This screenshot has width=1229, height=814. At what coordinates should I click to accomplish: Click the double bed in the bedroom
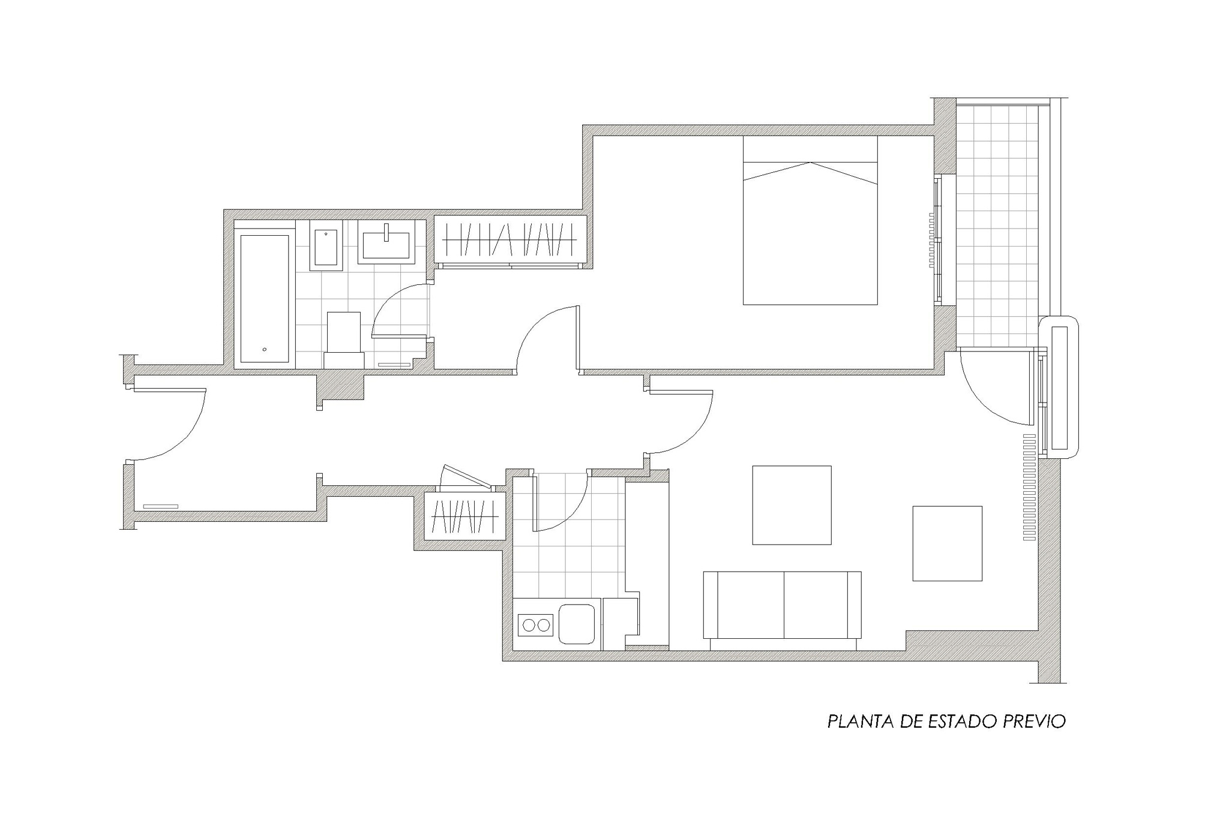(810, 220)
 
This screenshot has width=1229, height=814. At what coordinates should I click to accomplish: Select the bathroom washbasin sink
(386, 242)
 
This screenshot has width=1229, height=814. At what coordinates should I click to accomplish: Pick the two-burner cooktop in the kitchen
(536, 625)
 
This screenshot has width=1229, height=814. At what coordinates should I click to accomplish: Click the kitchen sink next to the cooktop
(577, 624)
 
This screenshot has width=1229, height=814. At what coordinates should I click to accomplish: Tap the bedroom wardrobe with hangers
(510, 240)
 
